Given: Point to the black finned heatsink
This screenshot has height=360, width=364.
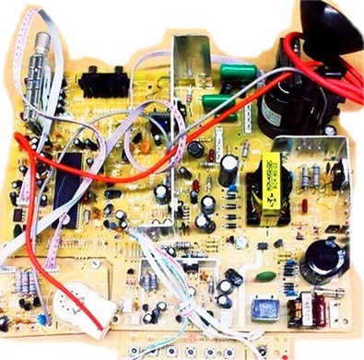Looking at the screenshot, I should coord(102,82).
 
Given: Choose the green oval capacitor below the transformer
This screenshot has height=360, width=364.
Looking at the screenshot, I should coord(265,275).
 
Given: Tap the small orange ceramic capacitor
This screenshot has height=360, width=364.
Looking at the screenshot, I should coord(142,145).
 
